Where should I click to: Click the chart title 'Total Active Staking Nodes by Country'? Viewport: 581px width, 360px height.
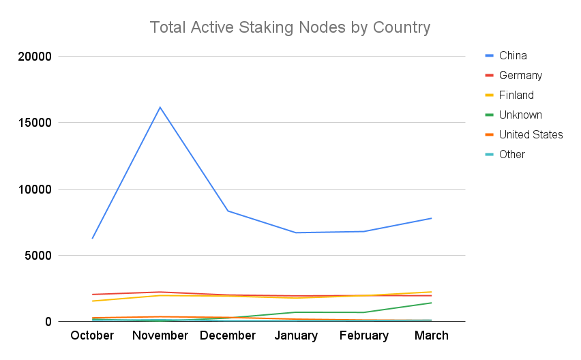pos(290,28)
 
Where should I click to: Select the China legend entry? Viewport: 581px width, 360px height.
pos(512,55)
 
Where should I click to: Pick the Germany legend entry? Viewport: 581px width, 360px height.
pos(520,75)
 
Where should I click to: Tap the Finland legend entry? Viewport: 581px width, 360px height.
pos(516,95)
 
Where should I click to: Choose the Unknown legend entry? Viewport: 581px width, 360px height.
pos(520,115)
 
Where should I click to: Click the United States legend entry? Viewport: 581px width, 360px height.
pos(531,134)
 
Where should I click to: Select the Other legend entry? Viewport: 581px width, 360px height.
pos(511,154)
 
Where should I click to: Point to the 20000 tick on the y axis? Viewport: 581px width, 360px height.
pos(35,57)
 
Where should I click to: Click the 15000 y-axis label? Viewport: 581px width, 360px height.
pos(35,123)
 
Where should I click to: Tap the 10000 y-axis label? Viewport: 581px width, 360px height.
pos(35,190)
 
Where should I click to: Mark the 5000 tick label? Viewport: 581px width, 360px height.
pos(38,256)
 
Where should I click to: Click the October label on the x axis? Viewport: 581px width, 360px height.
pos(92,335)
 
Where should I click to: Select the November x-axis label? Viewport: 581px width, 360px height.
pos(160,335)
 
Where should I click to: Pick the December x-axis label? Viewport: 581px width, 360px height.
pos(228,335)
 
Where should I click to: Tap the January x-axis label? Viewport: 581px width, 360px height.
pos(296,335)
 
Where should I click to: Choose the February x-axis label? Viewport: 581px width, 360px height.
pos(363,335)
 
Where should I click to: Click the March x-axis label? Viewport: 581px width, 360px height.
pos(432,335)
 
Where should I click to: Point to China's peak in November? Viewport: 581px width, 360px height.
pos(160,107)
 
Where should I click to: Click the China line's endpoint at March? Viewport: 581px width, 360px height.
pos(432,218)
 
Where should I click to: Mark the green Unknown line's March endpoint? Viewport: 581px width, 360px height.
pos(432,303)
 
